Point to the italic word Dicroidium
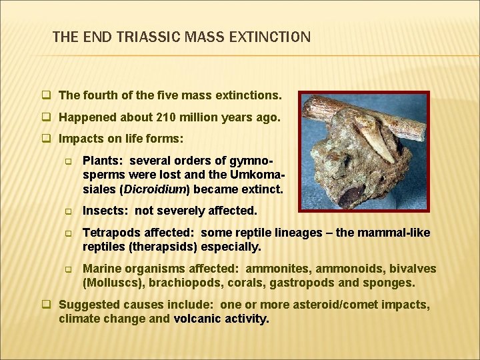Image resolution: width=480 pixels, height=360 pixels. (x=152, y=189)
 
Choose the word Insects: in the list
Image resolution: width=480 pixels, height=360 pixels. (x=105, y=211)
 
